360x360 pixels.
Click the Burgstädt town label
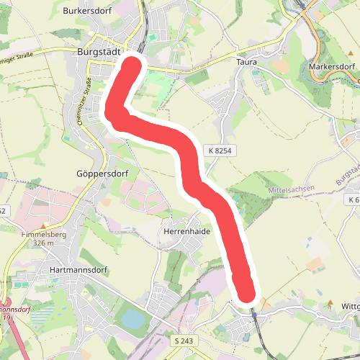[98, 52]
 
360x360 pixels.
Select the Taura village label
[246, 63]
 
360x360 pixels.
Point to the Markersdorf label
[333, 67]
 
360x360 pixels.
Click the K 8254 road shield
[220, 150]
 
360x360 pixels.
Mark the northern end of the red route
[133, 65]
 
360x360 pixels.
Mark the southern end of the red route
[247, 294]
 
